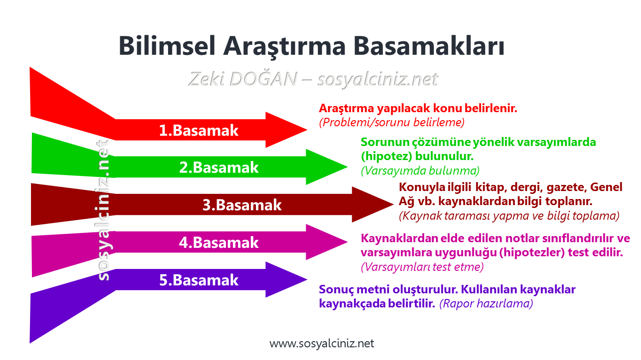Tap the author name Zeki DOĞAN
(x=242, y=79)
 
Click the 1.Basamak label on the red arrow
(x=199, y=130)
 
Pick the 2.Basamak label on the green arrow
(x=219, y=167)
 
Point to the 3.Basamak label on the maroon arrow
(x=242, y=205)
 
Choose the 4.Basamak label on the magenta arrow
(x=219, y=242)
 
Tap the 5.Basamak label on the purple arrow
(x=199, y=280)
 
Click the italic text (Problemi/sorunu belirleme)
(x=391, y=123)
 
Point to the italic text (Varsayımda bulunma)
(x=420, y=170)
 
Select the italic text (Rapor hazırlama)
(x=486, y=304)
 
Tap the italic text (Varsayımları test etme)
(x=422, y=267)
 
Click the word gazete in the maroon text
(x=565, y=187)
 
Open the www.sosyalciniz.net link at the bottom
(x=322, y=344)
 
